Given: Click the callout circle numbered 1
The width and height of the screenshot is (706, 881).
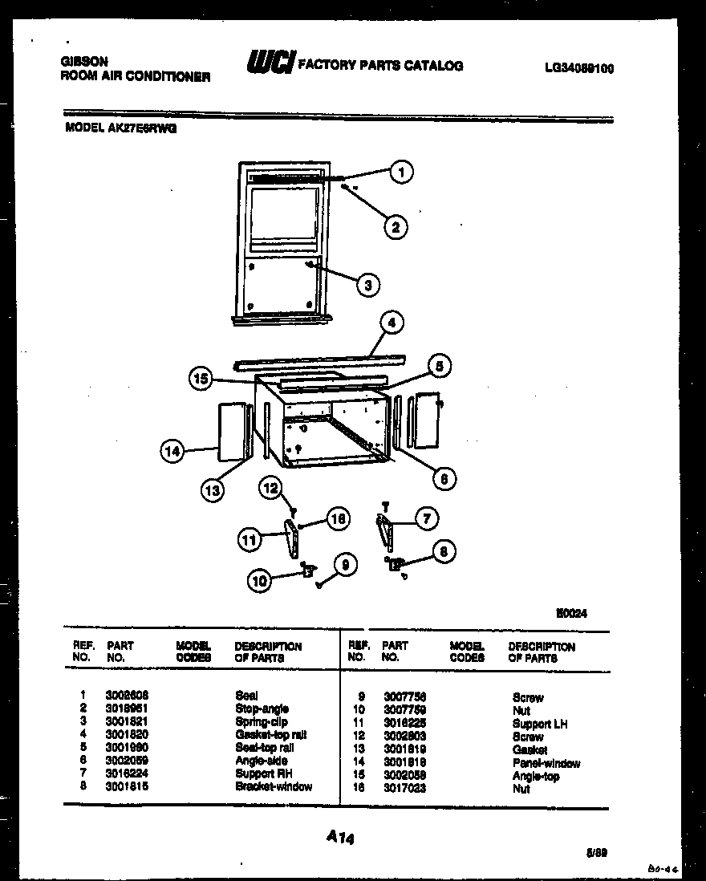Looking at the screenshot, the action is (x=401, y=171).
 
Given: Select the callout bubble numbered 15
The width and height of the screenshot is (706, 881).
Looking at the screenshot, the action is (x=201, y=378).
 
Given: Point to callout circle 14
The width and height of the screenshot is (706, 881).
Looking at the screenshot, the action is (x=172, y=451).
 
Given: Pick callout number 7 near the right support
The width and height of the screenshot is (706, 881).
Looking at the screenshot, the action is (x=426, y=519).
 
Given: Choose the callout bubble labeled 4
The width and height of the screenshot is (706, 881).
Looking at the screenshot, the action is (x=391, y=323).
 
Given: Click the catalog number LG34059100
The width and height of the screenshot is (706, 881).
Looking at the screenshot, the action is (x=578, y=69).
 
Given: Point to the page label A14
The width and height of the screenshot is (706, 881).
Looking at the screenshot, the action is (x=340, y=838).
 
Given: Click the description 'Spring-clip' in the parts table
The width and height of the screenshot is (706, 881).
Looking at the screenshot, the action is (x=261, y=722).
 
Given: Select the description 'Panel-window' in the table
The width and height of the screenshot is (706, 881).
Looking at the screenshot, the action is (x=546, y=764).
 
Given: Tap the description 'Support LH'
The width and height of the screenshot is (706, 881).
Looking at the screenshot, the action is (x=539, y=724).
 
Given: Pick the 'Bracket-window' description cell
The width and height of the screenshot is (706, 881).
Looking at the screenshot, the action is (x=274, y=787).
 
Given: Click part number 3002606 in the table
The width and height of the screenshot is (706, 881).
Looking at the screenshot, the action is (x=127, y=696).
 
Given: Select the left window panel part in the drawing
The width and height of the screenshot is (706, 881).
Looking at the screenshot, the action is (x=231, y=432).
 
